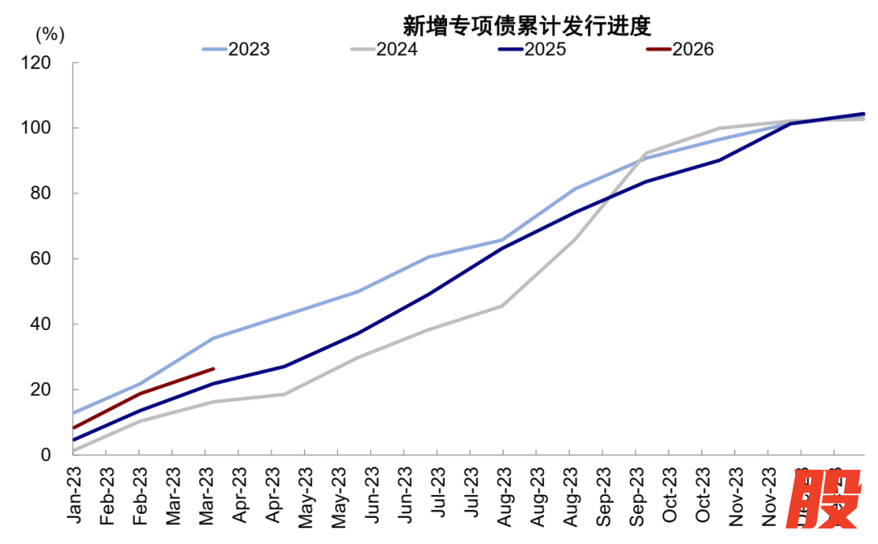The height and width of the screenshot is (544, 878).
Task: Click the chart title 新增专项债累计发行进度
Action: pos(528,25)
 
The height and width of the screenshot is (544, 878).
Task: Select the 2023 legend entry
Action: pos(236,50)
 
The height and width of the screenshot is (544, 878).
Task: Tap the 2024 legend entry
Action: pos(384,50)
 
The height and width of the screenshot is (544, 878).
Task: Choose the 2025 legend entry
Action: pos(532,50)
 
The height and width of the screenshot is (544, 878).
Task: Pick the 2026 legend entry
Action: pos(680,50)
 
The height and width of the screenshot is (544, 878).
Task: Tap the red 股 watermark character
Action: pos(825,502)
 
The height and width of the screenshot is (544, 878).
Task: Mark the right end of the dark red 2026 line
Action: pos(213,368)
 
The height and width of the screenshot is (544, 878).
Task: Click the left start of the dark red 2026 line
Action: pos(74,428)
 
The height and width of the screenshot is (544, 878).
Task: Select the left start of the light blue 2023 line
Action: pos(74,413)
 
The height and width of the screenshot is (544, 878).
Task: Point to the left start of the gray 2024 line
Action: pos(74,450)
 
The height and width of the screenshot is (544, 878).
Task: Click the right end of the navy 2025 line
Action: pos(863,114)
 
